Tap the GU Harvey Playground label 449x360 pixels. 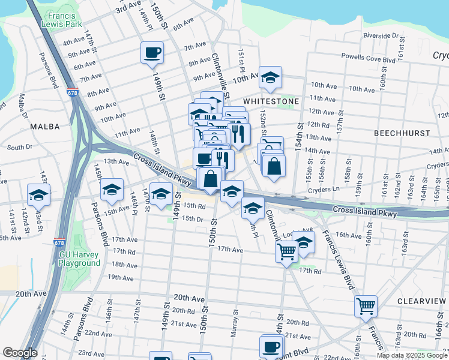point(79,259)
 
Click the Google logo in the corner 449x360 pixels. point(20,353)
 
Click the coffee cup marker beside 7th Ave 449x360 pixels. point(152,52)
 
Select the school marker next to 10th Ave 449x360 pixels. point(270,77)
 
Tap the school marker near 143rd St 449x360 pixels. point(38,194)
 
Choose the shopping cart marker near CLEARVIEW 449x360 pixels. point(366,306)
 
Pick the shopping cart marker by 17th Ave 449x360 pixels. point(286,250)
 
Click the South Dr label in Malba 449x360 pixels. point(19,147)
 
